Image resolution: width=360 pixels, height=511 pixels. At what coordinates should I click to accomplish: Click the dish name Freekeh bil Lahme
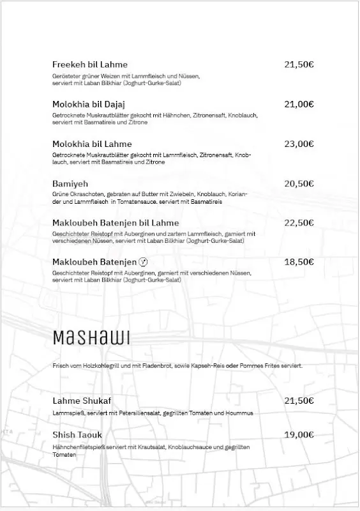click(x=89, y=65)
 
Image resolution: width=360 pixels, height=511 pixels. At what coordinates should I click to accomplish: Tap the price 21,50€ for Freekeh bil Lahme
click(x=299, y=65)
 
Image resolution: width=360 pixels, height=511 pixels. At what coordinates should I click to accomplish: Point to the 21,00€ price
click(x=299, y=104)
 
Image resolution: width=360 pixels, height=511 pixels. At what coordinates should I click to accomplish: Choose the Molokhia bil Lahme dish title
click(x=92, y=144)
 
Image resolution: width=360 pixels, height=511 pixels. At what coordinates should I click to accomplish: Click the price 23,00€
click(x=299, y=144)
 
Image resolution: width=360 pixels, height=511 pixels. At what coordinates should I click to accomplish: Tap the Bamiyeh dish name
click(x=71, y=183)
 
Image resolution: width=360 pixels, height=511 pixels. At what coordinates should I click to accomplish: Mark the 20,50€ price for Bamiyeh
click(x=299, y=183)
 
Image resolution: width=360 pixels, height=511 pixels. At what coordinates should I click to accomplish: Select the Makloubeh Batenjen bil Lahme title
click(x=116, y=223)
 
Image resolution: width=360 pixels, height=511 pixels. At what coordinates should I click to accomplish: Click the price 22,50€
click(x=299, y=223)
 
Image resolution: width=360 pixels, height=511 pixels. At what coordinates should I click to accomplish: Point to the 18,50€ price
click(x=299, y=262)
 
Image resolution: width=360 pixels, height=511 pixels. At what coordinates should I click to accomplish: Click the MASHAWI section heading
click(x=91, y=337)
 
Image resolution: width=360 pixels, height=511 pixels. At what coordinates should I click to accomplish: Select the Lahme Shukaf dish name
click(x=82, y=400)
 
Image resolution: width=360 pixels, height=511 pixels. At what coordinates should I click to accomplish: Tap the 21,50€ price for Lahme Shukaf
click(x=299, y=400)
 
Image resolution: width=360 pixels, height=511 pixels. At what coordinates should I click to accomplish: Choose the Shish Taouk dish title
click(x=77, y=435)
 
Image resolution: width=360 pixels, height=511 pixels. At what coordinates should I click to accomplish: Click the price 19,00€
click(x=299, y=435)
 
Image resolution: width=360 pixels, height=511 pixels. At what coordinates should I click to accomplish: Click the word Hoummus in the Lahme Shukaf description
click(x=239, y=413)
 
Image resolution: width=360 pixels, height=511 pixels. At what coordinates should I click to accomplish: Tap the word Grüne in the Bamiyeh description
click(x=60, y=194)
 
